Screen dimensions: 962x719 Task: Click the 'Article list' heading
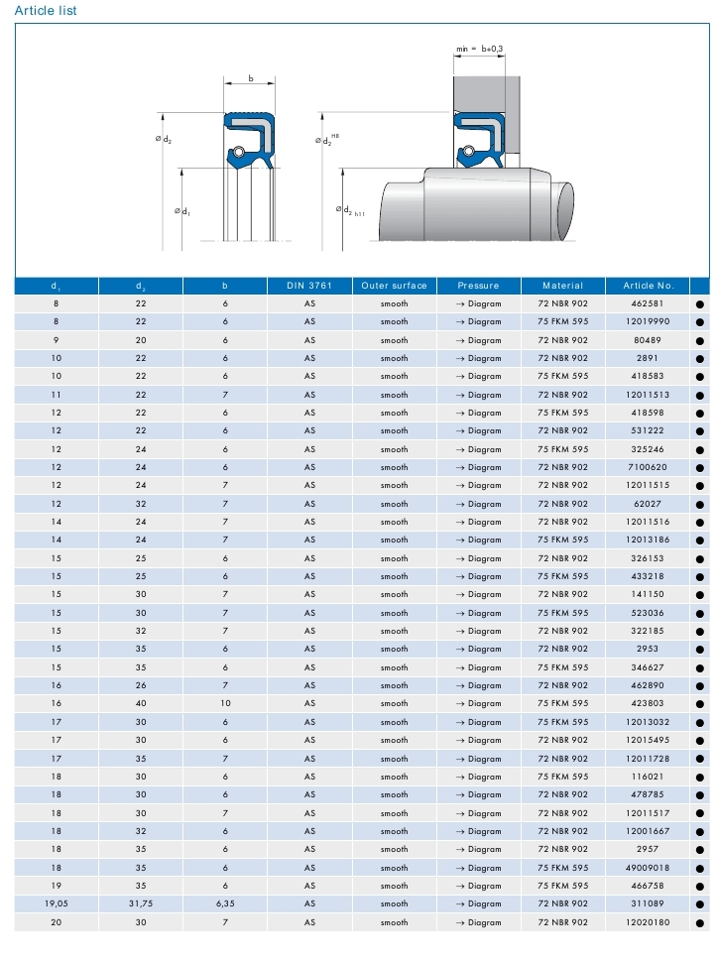click(x=45, y=11)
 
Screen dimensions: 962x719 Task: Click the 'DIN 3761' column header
click(x=309, y=286)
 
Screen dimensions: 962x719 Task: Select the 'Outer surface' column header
click(x=394, y=286)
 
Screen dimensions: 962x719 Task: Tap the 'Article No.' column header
click(x=647, y=286)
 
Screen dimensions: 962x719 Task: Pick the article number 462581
click(x=647, y=303)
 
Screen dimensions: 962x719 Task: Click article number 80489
click(x=647, y=340)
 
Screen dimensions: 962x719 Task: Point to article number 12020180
click(x=647, y=922)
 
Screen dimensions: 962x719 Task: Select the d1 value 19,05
click(x=56, y=903)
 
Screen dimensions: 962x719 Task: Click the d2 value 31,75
click(x=140, y=903)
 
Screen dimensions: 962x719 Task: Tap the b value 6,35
click(x=225, y=903)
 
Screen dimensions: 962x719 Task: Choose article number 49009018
click(x=647, y=868)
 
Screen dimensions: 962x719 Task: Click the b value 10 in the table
click(x=225, y=704)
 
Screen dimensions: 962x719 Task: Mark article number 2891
click(x=647, y=358)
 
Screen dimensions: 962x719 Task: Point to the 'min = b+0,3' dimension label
click(x=479, y=48)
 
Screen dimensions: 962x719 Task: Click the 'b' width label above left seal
click(x=250, y=77)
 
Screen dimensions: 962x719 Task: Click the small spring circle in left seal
click(x=238, y=152)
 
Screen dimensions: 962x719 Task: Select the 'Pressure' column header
click(x=478, y=286)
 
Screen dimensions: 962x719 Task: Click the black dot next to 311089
click(x=700, y=904)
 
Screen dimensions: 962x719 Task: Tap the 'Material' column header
click(x=562, y=286)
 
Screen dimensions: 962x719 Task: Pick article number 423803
click(x=647, y=704)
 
